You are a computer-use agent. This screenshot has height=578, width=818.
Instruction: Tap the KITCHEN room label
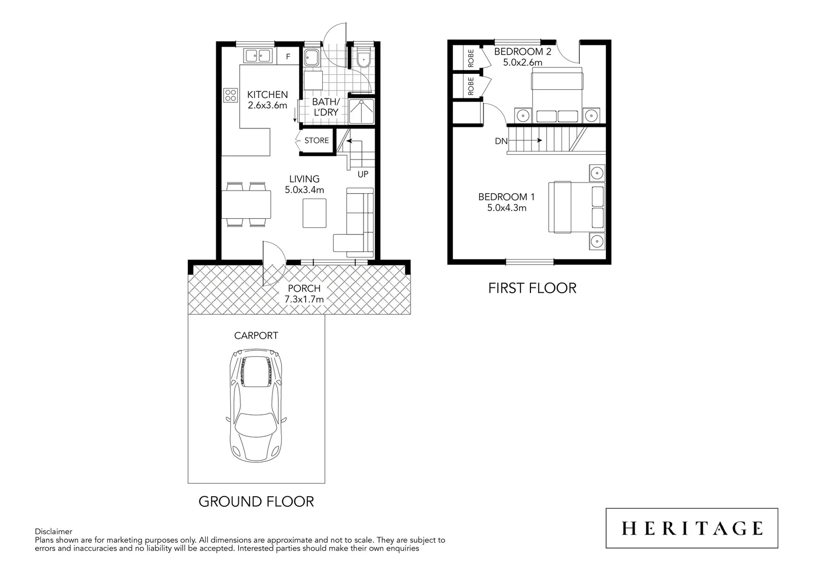point(267,95)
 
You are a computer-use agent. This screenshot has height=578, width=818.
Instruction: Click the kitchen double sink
point(257,55)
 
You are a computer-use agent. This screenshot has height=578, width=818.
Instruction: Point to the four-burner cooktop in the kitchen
point(231,95)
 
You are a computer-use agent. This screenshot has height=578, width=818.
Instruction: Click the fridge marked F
point(287,56)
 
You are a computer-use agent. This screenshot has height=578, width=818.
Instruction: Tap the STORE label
point(316,141)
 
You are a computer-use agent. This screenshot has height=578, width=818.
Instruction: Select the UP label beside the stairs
point(362,174)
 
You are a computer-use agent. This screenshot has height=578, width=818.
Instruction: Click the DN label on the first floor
point(501,141)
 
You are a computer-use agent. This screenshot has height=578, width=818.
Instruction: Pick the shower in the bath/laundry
point(361,111)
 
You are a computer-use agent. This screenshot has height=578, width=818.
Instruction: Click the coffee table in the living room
point(314,213)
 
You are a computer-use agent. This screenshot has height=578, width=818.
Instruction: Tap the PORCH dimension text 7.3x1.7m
point(304,299)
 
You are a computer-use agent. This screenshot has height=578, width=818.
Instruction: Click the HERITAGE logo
point(692,528)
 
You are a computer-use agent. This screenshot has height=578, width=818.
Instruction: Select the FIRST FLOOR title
point(532,288)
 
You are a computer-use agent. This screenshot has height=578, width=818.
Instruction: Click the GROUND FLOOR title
point(256,501)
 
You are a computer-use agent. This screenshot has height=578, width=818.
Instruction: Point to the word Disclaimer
point(54,531)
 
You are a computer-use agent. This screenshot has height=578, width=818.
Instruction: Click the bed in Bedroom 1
point(576,207)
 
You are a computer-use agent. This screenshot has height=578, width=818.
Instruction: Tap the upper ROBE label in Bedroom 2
point(471,57)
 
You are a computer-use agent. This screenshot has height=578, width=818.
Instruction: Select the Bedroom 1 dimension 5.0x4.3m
point(506,208)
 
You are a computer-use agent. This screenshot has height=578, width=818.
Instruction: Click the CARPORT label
point(256,336)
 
